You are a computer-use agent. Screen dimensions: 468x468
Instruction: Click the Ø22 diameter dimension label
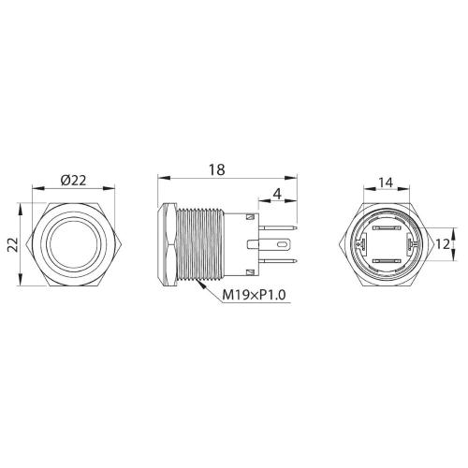click(73, 181)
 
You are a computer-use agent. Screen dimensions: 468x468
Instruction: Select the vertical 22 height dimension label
click(13, 244)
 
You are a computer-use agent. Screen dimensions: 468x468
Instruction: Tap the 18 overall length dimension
click(216, 170)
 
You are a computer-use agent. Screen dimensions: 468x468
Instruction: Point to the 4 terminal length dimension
click(277, 195)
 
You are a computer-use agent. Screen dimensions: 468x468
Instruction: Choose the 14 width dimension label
click(386, 183)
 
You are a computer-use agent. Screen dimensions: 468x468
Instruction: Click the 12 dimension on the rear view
click(443, 244)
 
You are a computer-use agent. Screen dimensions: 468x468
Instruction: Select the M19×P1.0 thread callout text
click(254, 295)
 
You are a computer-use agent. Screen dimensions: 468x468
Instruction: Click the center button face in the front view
click(74, 244)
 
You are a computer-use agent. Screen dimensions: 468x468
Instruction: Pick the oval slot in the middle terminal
click(282, 244)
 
